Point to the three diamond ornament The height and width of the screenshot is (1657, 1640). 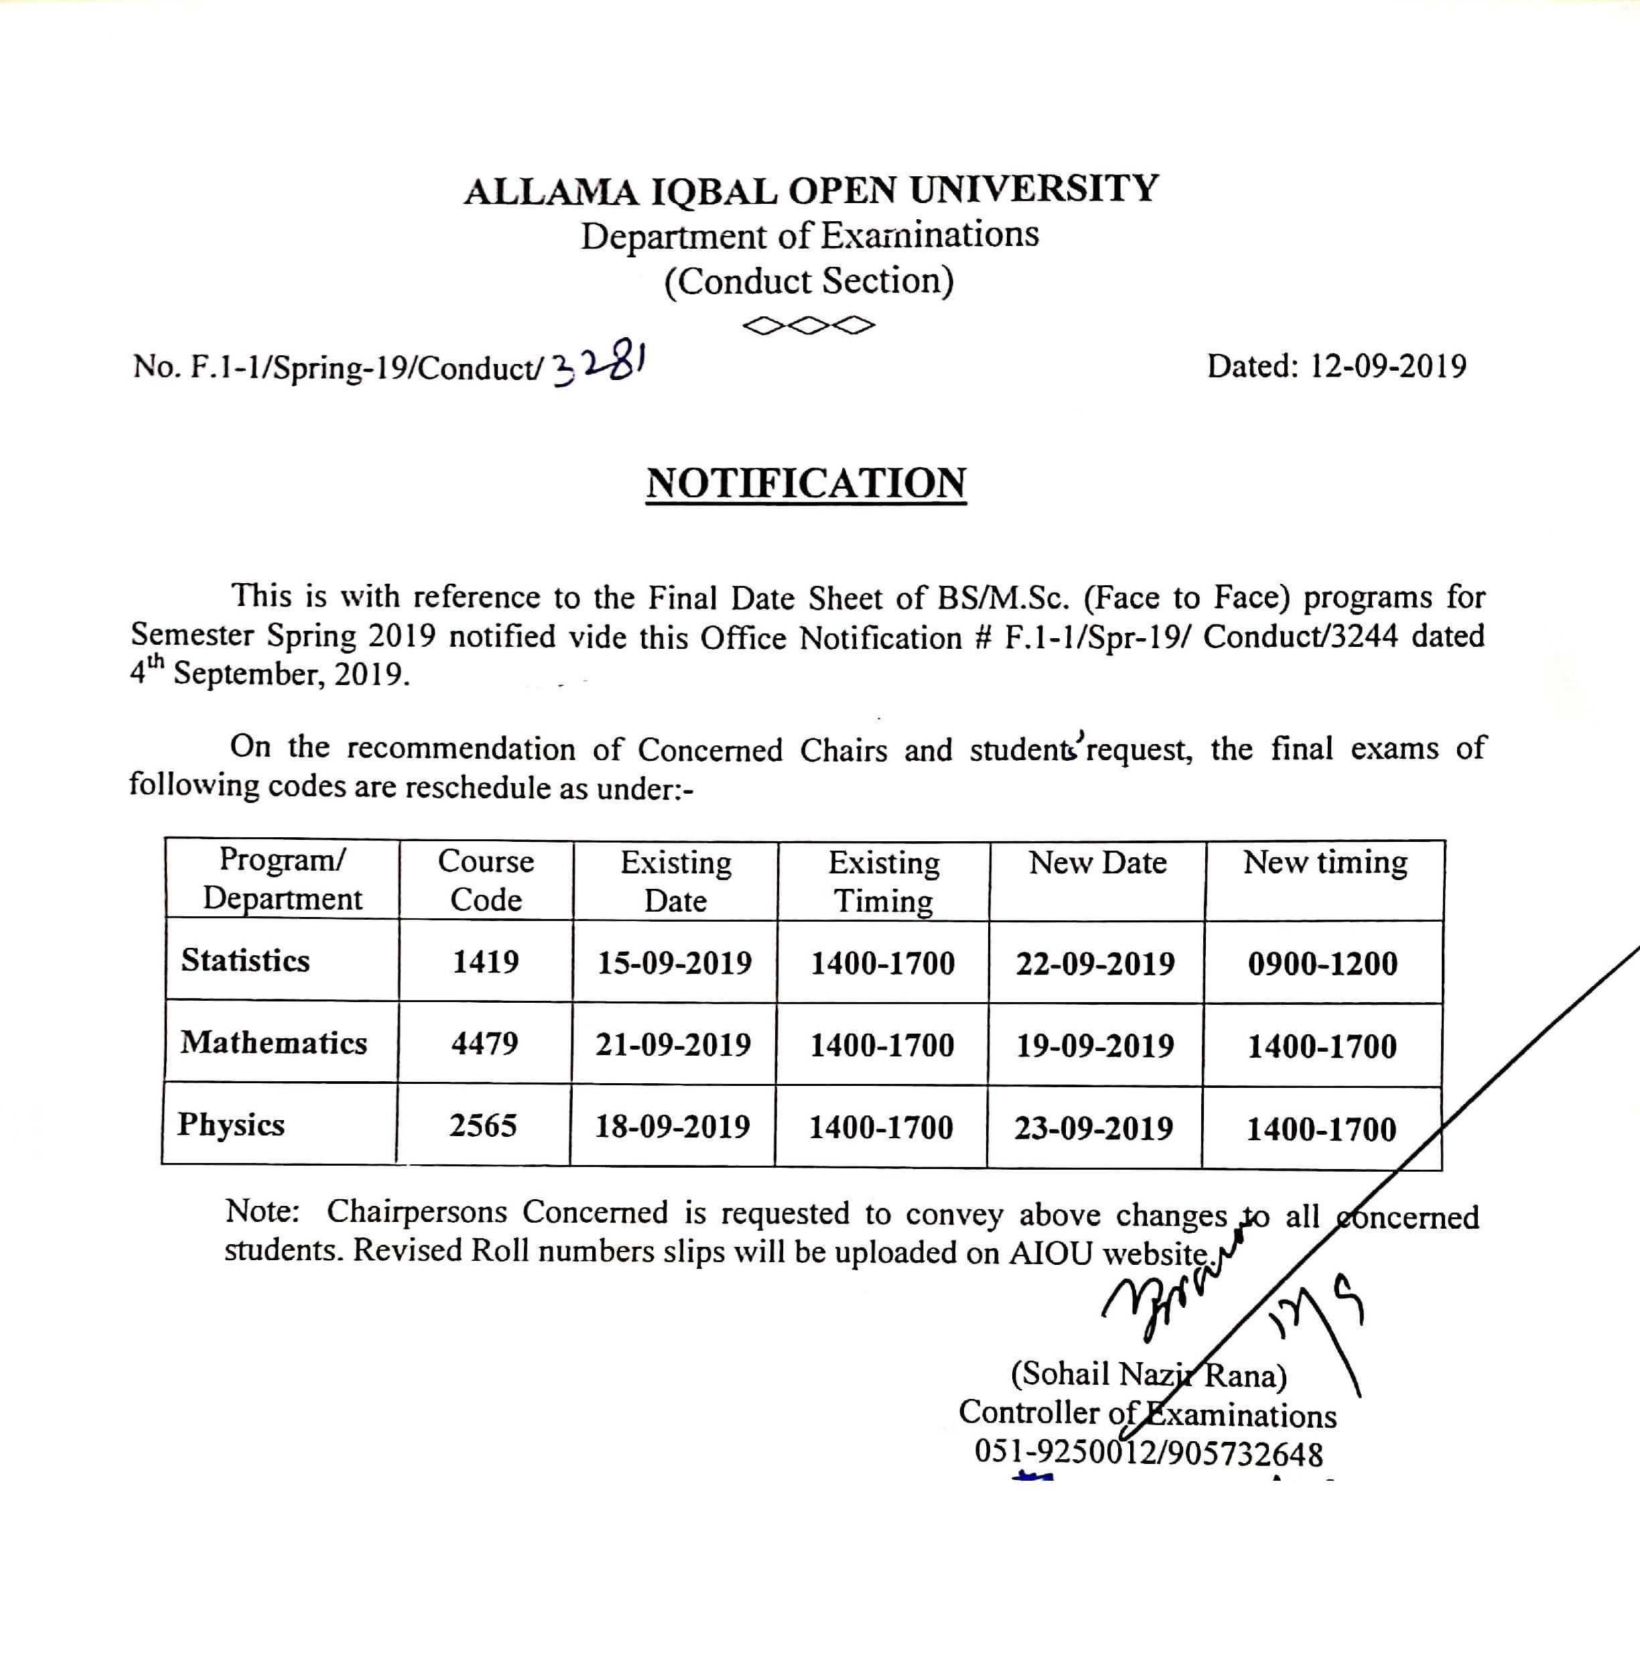click(809, 326)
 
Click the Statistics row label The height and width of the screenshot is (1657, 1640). click(245, 961)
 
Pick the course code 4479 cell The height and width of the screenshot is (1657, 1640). click(485, 1044)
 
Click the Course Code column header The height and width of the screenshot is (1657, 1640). click(485, 880)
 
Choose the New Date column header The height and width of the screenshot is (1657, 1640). click(1097, 863)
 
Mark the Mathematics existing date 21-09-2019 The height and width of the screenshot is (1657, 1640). click(673, 1044)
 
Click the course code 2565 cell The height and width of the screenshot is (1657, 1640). click(484, 1126)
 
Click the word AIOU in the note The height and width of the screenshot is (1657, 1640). click(1052, 1253)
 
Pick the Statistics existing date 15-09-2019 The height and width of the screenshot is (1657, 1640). click(675, 963)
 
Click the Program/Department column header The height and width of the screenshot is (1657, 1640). click(282, 879)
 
